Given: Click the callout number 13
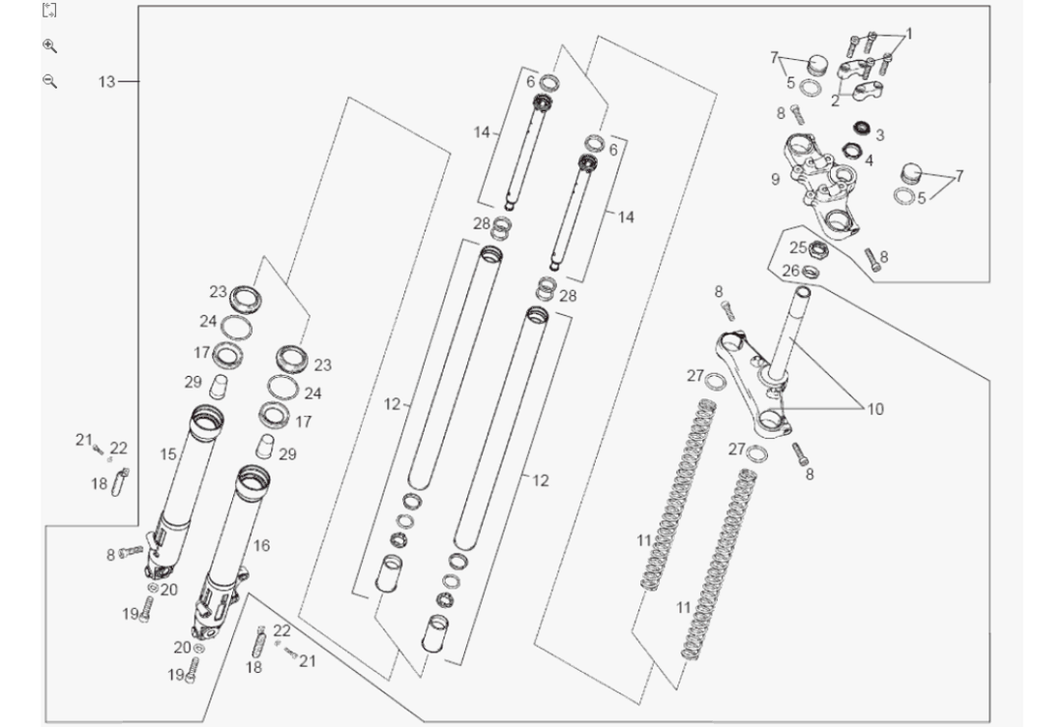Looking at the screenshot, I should point(106,82).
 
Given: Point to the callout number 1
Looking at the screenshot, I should point(908,33).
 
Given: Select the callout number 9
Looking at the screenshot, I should point(776,179).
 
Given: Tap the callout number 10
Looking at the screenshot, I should point(874,409).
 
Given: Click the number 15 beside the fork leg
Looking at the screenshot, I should point(168,453).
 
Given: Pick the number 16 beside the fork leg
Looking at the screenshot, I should point(261,546).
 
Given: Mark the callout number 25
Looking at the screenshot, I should point(797,248).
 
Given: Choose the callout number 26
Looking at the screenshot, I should point(791,271).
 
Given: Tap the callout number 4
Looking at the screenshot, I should point(869,160).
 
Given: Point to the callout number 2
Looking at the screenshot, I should point(835,100).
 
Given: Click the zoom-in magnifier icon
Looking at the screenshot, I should point(50,45).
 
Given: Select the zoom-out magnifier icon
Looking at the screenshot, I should point(50,81).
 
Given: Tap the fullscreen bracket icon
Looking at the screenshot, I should point(50,11).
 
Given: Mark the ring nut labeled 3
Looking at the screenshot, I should point(859,127).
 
